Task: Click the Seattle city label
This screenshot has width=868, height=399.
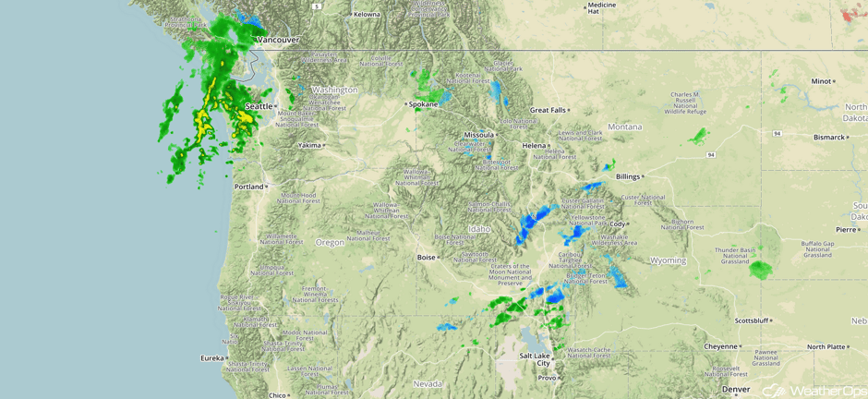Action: coord(259,106)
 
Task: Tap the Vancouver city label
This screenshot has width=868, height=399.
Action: coord(277,40)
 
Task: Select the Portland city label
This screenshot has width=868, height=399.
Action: coord(248,187)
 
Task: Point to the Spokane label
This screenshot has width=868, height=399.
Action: coord(424,104)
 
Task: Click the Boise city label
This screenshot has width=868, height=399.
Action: coord(426,258)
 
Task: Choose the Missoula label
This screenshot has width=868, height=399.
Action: coord(478,135)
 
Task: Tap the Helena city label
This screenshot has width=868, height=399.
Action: coord(534,145)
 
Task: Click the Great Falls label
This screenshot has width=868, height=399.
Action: coord(547,110)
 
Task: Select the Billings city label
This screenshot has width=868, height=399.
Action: coord(628,175)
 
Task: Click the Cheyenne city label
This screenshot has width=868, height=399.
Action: coord(720,346)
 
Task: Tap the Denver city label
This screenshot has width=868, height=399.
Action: coord(736,389)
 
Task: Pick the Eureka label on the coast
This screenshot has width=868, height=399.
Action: coord(211,357)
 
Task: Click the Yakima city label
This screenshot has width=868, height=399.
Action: coord(310,145)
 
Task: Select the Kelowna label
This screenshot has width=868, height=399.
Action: coord(367,14)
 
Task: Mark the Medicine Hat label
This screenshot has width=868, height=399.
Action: coord(600,8)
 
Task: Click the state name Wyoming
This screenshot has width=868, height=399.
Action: coord(668,260)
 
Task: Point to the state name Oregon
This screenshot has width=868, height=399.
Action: coord(330,242)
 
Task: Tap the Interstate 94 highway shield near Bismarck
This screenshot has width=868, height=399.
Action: coord(778,133)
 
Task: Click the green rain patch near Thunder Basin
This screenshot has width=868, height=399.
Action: coord(761,270)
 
